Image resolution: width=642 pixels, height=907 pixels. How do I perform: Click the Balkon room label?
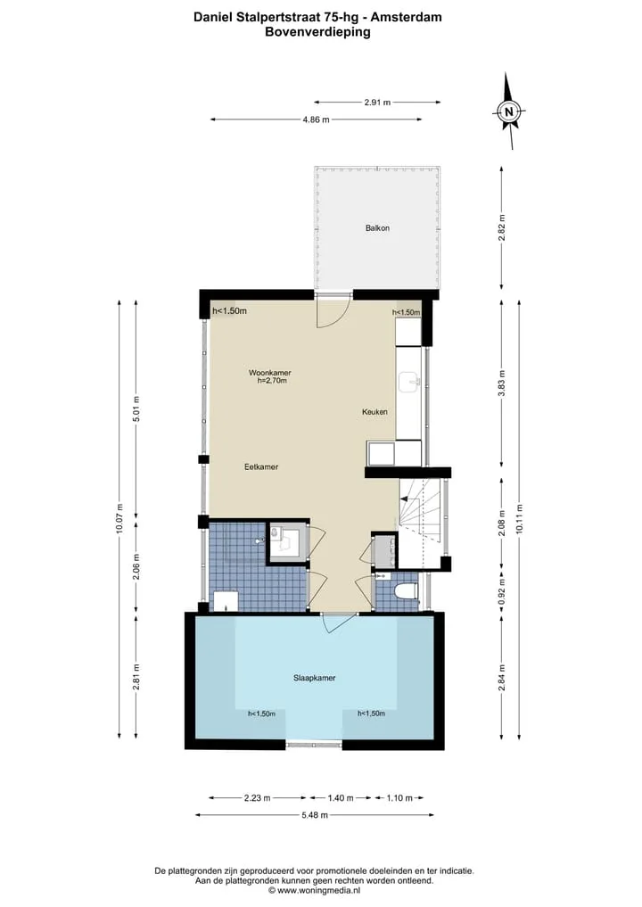377,228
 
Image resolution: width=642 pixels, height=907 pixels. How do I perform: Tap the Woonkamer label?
269,373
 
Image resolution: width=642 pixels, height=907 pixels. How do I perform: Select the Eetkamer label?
261,466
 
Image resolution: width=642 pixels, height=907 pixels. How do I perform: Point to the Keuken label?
374,412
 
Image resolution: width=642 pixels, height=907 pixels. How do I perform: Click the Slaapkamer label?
314,678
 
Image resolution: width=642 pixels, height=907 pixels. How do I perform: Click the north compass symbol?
509,111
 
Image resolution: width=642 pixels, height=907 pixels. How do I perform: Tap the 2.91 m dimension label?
377,103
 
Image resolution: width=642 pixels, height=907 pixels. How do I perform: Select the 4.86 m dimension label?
316,120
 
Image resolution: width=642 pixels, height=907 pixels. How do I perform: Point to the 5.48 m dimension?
315,815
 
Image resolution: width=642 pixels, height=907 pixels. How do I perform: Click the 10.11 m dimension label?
519,518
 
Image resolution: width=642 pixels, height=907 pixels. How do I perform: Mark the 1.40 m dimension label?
340,798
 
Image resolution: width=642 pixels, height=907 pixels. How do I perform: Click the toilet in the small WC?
406,591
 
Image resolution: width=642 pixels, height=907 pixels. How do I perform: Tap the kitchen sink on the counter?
409,381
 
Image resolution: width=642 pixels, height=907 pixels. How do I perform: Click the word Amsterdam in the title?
406,17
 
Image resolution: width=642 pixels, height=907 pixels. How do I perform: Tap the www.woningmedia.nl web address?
318,891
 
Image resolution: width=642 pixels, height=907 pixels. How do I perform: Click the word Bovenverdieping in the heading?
317,32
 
